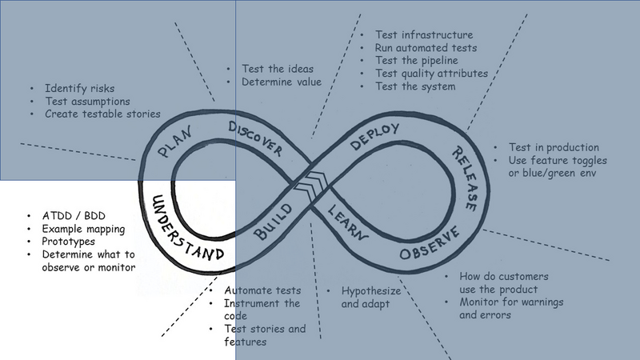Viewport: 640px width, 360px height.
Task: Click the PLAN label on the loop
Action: tap(174, 142)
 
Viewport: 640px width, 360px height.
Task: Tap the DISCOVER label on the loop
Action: tap(255, 138)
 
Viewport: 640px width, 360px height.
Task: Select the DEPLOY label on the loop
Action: tap(374, 136)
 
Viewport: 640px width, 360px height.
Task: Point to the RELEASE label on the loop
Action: tap(465, 178)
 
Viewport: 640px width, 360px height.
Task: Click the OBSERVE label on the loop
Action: tap(430, 243)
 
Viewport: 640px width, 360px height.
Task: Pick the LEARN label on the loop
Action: tap(347, 222)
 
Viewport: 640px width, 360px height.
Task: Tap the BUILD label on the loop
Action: tap(273, 222)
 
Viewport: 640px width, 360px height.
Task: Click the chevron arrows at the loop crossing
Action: tap(311, 186)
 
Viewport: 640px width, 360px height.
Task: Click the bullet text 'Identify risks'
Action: tap(79, 88)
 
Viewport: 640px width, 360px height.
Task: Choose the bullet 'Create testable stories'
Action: tap(102, 114)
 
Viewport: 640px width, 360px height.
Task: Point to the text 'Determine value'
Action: tap(282, 82)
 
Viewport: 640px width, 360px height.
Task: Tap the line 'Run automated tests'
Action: tap(426, 48)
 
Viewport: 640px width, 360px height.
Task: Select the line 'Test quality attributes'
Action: tap(431, 74)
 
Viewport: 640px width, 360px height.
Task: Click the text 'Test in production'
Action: tap(554, 147)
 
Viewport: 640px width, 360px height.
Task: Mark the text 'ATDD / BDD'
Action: tap(74, 216)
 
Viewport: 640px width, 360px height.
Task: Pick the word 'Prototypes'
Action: tap(68, 242)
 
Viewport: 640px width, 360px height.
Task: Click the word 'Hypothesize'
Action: tap(371, 291)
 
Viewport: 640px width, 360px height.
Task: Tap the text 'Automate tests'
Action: tap(262, 290)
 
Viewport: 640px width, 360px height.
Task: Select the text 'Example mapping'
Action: tap(83, 229)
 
